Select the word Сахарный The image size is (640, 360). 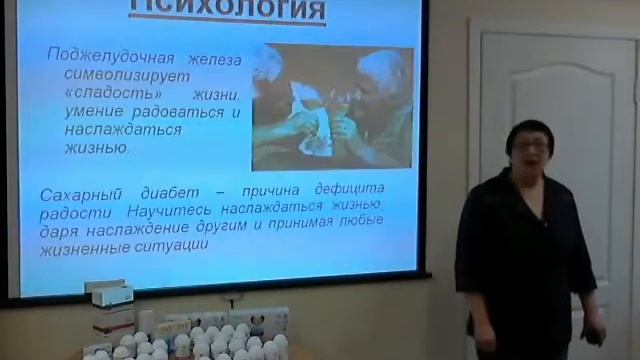click(x=78, y=191)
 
